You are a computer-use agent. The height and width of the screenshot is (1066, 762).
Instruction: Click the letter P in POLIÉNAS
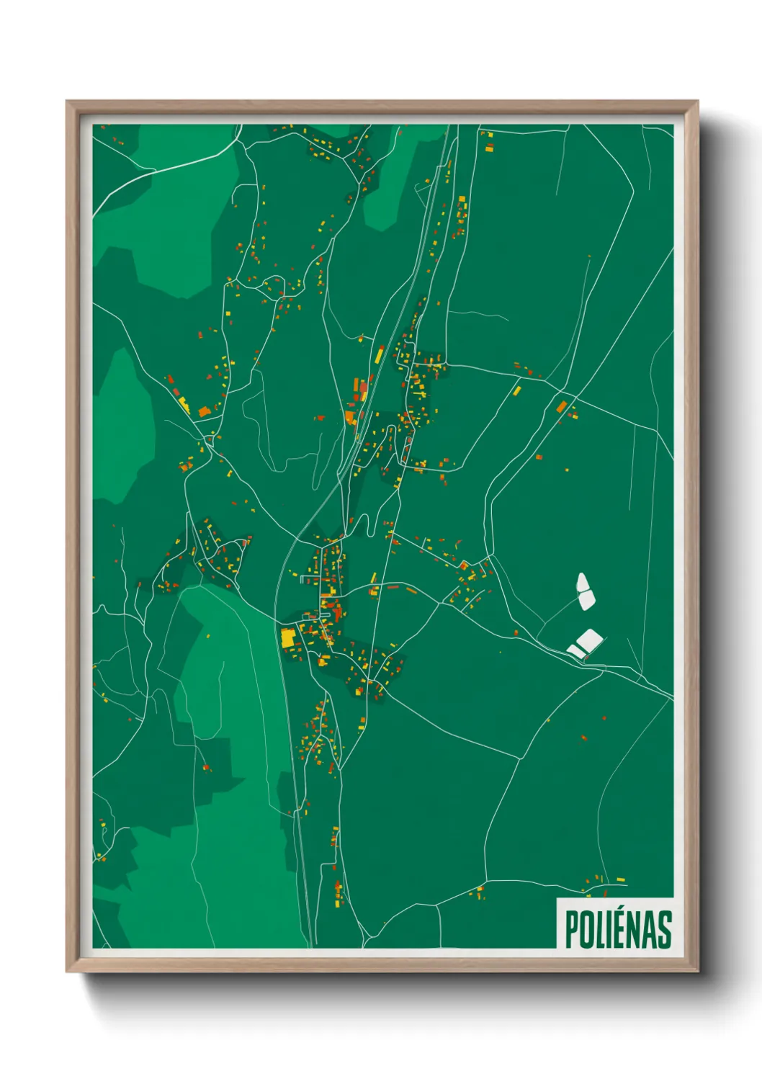tap(572, 929)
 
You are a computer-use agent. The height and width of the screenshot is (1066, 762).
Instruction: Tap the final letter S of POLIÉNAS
tap(665, 929)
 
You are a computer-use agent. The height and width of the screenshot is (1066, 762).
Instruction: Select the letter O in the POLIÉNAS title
tap(586, 929)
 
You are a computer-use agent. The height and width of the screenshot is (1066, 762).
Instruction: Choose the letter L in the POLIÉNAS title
tap(599, 929)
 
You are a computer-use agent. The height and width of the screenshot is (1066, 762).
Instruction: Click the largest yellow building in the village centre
tap(287, 637)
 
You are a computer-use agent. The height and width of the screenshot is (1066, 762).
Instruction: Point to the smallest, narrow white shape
tap(575, 650)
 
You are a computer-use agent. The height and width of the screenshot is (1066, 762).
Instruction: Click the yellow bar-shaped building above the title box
tap(619, 880)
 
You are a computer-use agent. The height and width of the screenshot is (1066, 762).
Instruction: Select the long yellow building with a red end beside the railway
tap(379, 354)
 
